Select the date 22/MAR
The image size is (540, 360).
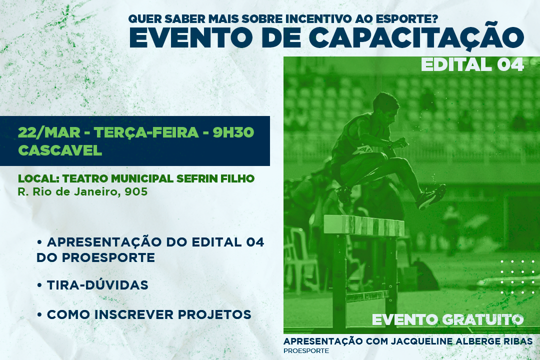[49, 132]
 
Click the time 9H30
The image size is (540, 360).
[233, 132]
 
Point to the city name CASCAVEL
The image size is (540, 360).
[60, 150]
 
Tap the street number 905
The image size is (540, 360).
[136, 191]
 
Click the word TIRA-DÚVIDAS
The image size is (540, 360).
[98, 285]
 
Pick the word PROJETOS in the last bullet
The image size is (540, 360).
[214, 314]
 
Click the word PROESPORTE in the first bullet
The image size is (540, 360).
[108, 257]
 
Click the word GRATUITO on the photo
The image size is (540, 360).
[483, 319]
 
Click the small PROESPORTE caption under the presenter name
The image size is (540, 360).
[306, 350]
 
